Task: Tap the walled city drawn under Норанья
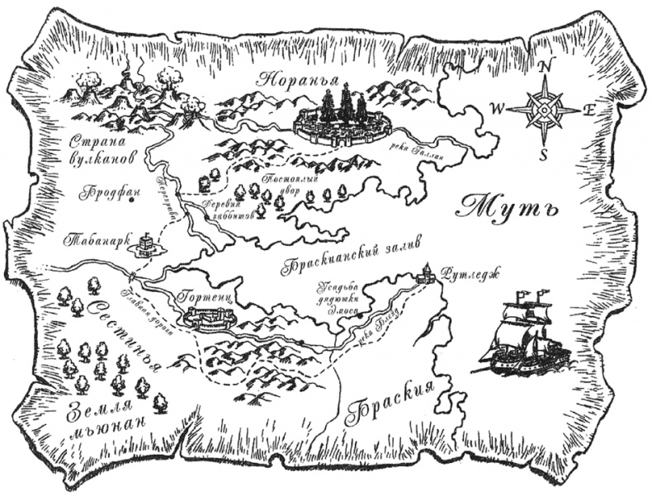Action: coord(341,120)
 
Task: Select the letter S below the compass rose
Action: coord(543,154)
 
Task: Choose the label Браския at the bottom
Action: coord(390,404)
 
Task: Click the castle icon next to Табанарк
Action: coord(145,244)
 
